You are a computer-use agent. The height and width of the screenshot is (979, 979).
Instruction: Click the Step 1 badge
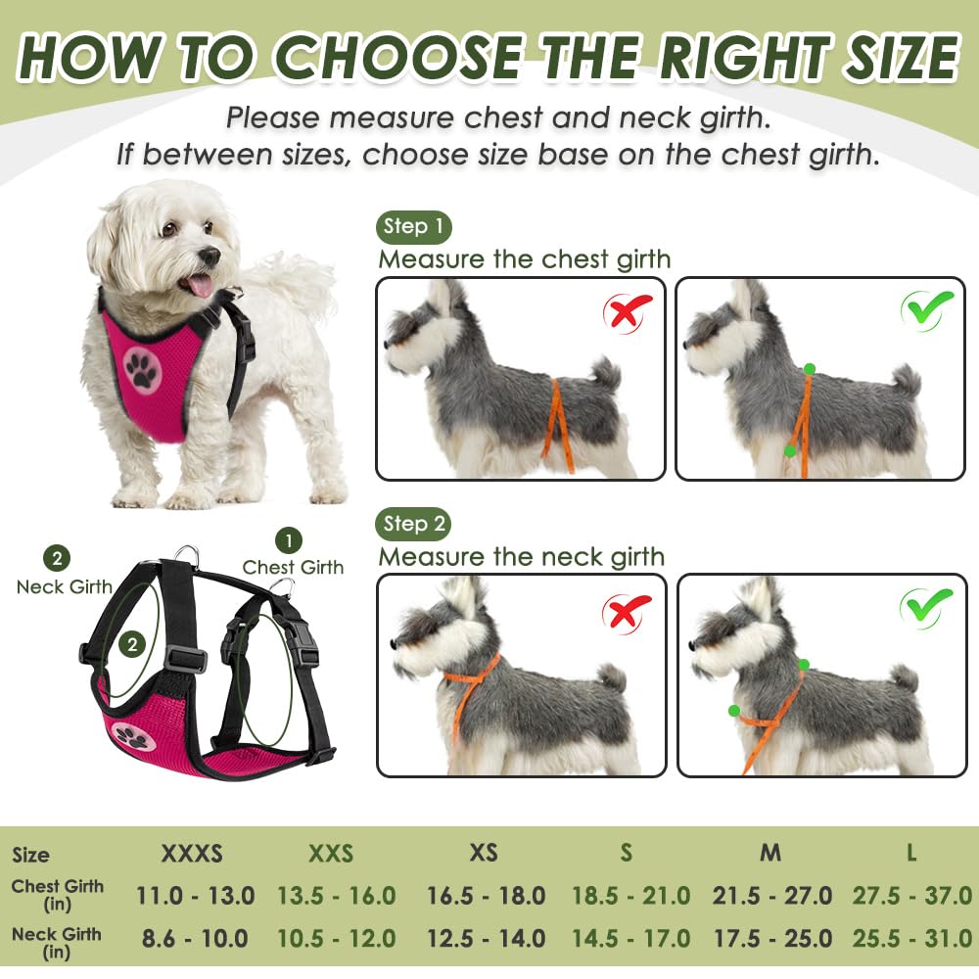[x=413, y=227]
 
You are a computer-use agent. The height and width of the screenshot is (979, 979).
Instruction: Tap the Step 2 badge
[x=413, y=524]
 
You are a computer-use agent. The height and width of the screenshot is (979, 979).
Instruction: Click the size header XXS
[x=331, y=853]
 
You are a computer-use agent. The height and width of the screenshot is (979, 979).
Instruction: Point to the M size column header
[x=771, y=853]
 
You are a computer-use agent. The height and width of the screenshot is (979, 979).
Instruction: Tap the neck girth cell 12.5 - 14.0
[x=486, y=938]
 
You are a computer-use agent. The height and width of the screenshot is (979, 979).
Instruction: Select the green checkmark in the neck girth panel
[x=926, y=608]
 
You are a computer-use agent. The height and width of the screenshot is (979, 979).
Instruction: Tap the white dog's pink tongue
[x=200, y=285]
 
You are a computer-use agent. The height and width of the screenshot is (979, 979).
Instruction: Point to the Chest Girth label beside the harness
[x=293, y=567]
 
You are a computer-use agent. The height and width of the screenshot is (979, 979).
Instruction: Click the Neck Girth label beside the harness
[x=65, y=586]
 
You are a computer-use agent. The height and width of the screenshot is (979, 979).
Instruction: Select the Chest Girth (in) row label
[x=57, y=895]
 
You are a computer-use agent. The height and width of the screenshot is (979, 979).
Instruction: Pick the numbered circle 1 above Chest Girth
[x=288, y=539]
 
